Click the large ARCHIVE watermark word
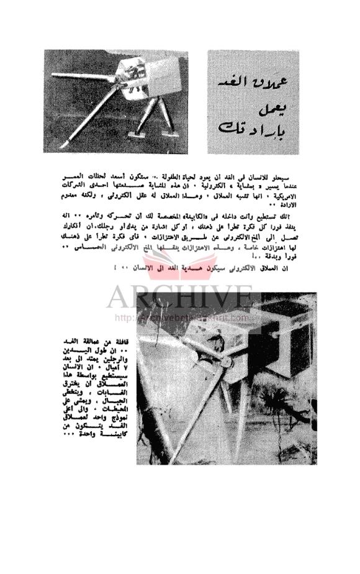coord(179,298)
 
